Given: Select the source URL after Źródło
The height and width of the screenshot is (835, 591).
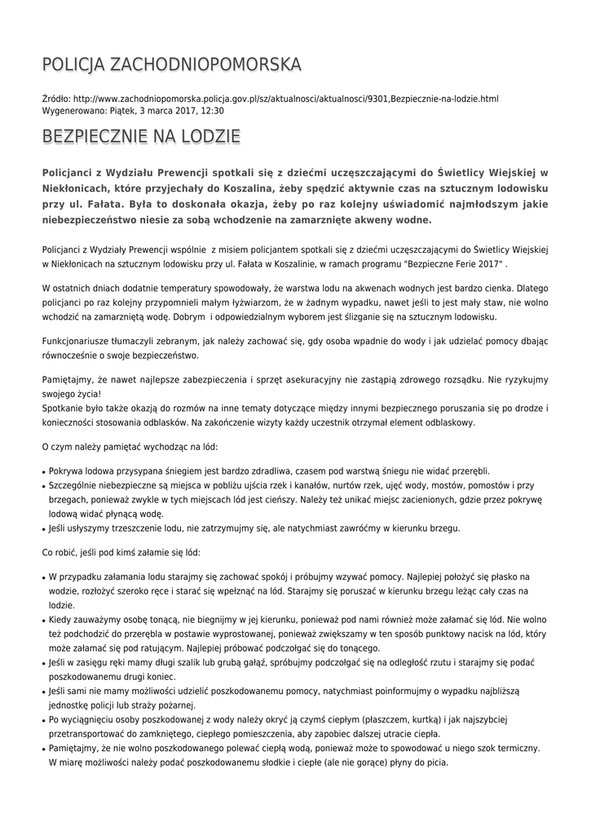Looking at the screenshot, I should [285, 99].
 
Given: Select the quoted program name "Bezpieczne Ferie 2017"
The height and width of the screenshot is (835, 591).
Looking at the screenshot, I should [452, 266].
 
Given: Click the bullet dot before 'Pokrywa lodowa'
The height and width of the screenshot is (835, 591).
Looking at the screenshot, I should [43, 471].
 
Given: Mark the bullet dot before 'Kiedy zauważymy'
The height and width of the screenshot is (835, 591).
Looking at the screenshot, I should [43, 621].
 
